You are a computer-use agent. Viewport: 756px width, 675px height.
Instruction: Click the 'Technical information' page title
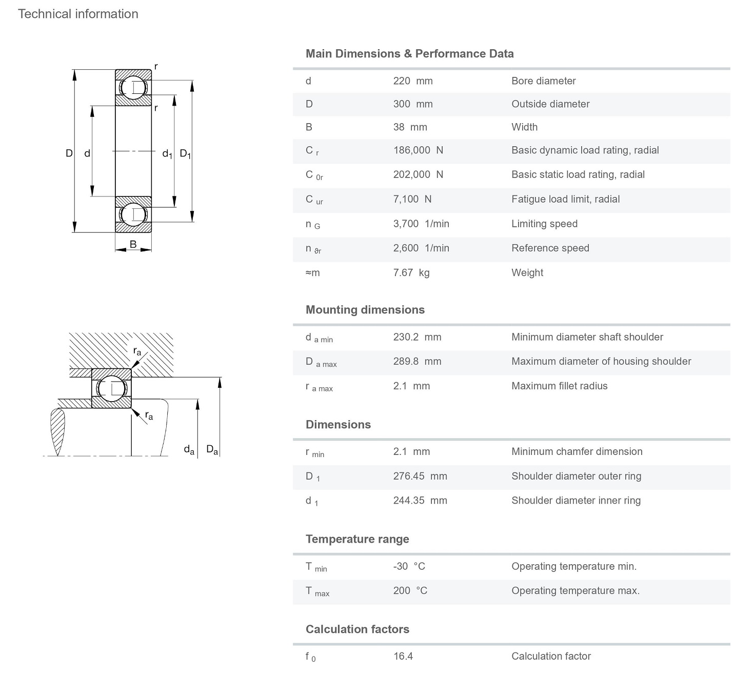[x=78, y=14]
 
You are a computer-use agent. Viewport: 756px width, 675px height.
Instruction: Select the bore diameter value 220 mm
[x=413, y=81]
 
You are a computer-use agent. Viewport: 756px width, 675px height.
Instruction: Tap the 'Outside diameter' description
[x=550, y=104]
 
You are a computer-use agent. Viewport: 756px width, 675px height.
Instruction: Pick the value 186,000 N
[x=418, y=150]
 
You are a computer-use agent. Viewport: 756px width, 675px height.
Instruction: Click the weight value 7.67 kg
[x=411, y=273]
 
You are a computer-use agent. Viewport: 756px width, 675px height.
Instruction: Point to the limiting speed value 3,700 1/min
[x=421, y=224]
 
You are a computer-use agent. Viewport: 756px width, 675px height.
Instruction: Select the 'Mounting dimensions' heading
[x=365, y=310]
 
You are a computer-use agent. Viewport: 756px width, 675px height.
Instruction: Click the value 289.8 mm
[x=417, y=362]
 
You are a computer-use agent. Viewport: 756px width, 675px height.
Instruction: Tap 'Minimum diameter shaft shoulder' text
[x=587, y=337]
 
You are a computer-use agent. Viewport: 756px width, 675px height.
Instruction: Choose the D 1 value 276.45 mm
[x=420, y=476]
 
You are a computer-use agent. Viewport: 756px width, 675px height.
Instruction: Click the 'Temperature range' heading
[x=357, y=539]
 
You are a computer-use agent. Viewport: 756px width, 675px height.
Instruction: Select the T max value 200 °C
[x=410, y=591]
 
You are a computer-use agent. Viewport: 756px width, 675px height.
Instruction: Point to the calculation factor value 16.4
[x=403, y=656]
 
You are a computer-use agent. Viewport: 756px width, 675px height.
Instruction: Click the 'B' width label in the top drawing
[x=133, y=244]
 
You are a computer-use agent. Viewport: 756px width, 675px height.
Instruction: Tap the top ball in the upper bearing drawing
[x=133, y=88]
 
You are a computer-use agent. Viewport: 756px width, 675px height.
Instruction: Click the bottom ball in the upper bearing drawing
[x=133, y=214]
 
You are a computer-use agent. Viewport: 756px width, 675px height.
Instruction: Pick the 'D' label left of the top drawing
[x=69, y=153]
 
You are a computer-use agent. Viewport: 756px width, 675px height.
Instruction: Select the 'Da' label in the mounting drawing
[x=212, y=450]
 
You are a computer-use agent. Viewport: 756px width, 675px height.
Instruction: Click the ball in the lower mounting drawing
[x=112, y=388]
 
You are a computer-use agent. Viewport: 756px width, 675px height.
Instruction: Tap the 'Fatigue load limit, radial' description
[x=565, y=199]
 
